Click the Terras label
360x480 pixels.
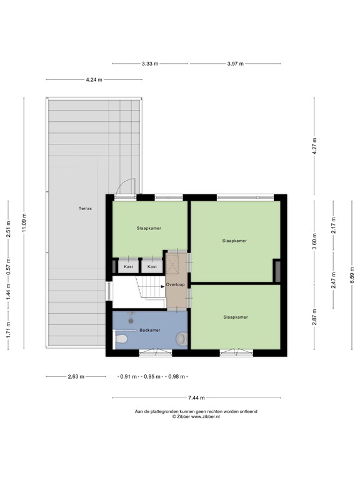pyautogui.click(x=85, y=209)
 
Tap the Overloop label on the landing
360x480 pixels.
pyautogui.click(x=176, y=285)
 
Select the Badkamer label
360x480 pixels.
pyautogui.click(x=150, y=330)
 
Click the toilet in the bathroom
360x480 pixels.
pyautogui.click(x=120, y=339)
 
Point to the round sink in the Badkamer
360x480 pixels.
pyautogui.click(x=181, y=339)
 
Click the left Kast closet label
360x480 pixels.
pyautogui.click(x=129, y=267)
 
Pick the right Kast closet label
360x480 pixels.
pyautogui.click(x=152, y=267)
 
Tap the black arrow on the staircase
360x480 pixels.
pyautogui.click(x=163, y=287)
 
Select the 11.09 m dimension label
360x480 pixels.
pyautogui.click(x=24, y=223)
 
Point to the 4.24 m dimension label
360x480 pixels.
pyautogui.click(x=94, y=79)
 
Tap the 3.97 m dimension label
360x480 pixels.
pyautogui.click(x=236, y=64)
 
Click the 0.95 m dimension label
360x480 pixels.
pyautogui.click(x=152, y=377)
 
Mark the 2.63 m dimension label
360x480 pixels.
pyautogui.click(x=76, y=377)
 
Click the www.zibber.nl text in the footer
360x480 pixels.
pyautogui.click(x=206, y=417)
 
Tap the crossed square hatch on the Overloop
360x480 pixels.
pyautogui.click(x=172, y=264)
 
